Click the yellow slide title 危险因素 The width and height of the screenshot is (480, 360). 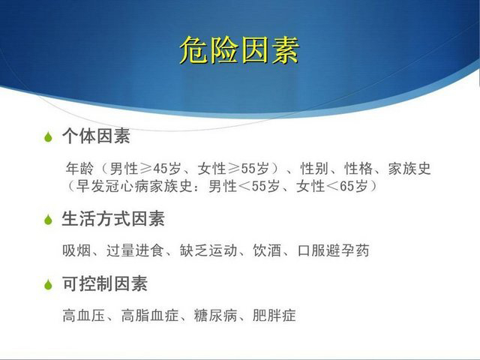239,50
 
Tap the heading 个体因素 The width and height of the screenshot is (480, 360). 97,136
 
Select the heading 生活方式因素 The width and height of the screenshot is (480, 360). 113,218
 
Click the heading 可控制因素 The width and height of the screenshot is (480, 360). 105,283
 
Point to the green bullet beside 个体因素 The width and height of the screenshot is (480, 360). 48,136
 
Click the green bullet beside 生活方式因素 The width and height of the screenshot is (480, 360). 48,219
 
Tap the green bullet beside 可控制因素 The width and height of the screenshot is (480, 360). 48,284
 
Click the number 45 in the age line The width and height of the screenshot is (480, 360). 161,169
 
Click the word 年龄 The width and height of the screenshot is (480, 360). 79,169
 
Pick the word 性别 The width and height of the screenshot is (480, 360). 314,169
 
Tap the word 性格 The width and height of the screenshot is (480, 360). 358,169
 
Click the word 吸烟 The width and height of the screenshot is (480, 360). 76,250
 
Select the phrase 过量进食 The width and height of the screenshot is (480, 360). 135,250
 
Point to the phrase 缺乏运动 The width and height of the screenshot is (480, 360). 208,250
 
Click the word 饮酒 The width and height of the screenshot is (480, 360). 267,250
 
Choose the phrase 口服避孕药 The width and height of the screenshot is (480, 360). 333,250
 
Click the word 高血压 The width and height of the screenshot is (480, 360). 84,316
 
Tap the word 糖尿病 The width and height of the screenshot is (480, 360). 215,316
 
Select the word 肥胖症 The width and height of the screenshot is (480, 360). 274,316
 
